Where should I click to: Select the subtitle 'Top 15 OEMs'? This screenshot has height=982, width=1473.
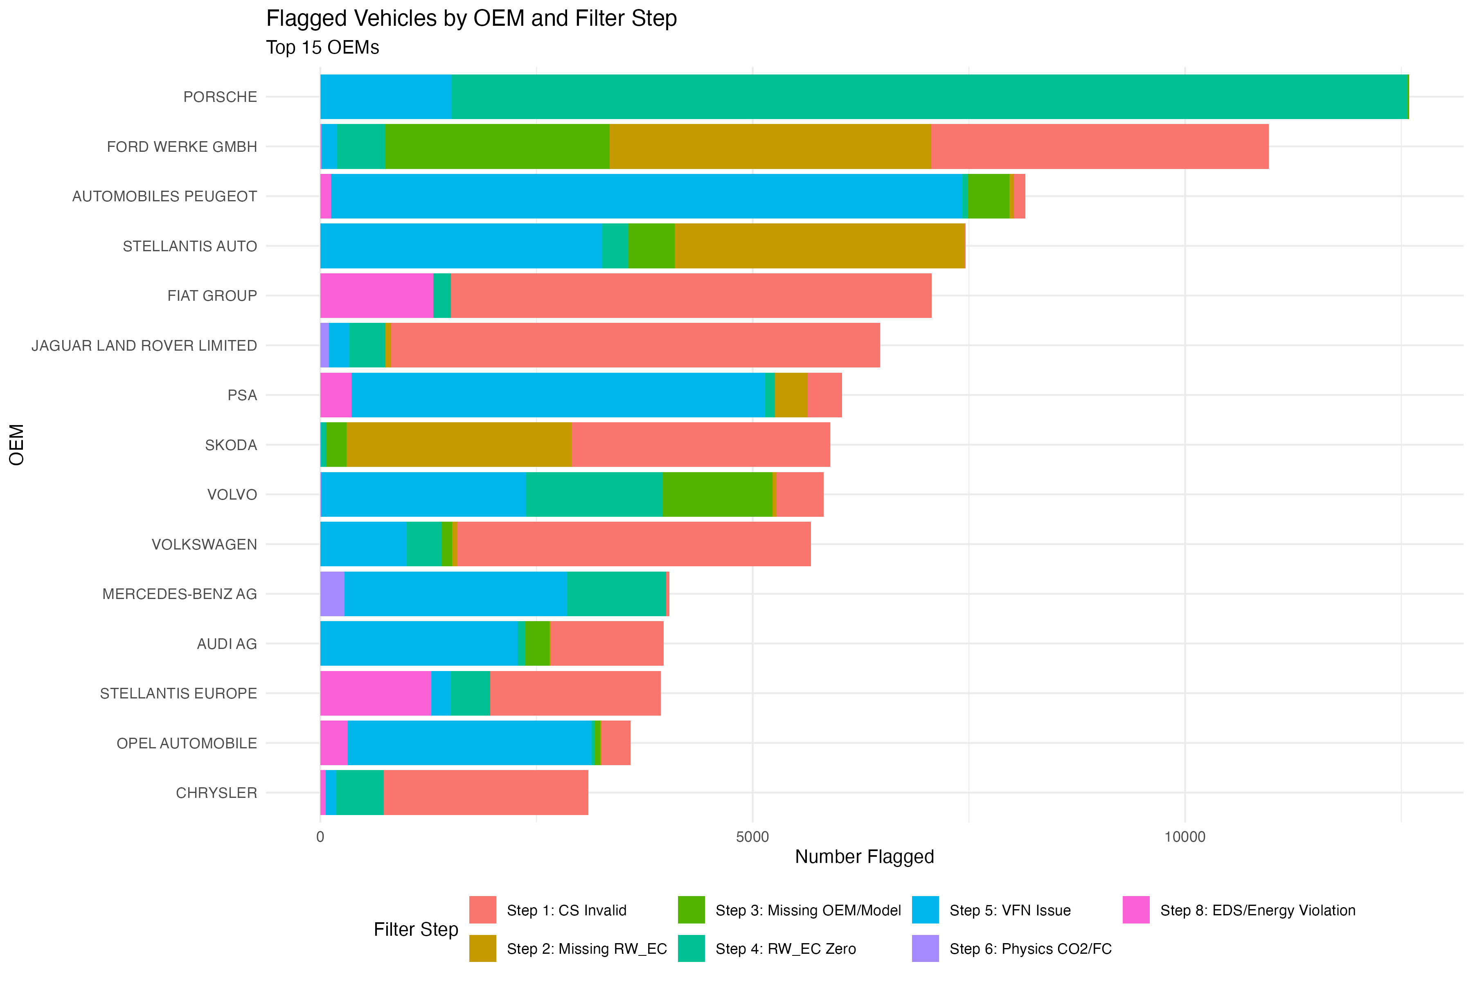coord(322,47)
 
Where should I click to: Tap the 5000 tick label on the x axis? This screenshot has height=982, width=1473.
coord(752,837)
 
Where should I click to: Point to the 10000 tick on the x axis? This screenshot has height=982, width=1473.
coord(1184,837)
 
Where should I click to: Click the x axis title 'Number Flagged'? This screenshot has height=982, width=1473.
coord(864,857)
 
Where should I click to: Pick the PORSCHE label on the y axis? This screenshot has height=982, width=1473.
coord(220,97)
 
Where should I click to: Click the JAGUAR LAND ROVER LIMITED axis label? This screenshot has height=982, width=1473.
coord(144,346)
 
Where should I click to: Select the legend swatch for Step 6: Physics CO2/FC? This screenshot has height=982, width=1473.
coord(925,948)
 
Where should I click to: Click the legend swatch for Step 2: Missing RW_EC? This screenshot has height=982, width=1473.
coord(482,948)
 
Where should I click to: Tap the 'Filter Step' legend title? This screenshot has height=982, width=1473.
coord(416,929)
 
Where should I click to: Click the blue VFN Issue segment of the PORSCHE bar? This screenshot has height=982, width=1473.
coord(385,97)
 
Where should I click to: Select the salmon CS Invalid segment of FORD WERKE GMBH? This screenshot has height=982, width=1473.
coord(1099,146)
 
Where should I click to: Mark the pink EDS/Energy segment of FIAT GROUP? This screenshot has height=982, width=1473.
coord(376,295)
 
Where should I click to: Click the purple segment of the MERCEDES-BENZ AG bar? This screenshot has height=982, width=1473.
coord(332,594)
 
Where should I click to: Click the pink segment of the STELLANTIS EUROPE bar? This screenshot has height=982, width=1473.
coord(375,693)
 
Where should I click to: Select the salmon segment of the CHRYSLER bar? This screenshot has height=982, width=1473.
coord(485,793)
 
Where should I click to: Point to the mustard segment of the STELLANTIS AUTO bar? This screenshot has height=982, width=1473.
coord(819,246)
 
